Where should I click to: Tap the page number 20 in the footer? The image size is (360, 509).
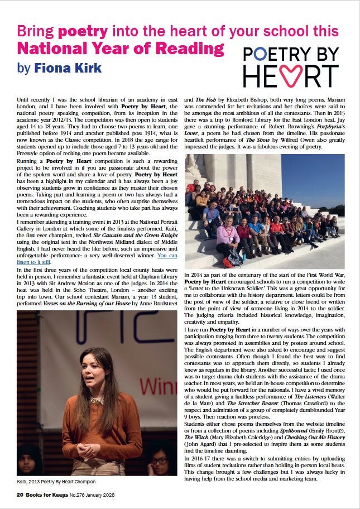(20, 495)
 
